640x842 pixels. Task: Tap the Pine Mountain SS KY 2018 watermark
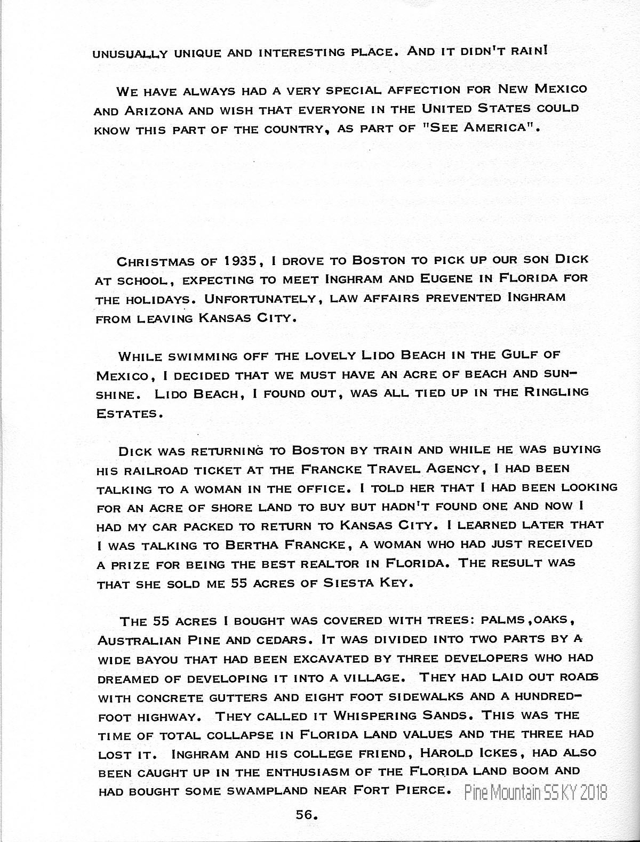tap(535, 793)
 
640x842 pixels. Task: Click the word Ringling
tap(557, 392)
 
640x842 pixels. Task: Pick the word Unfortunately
tap(260, 298)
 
